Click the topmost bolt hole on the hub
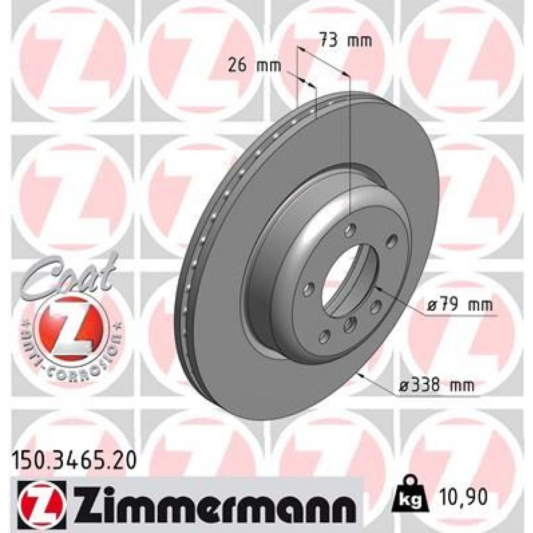[x=350, y=231]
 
